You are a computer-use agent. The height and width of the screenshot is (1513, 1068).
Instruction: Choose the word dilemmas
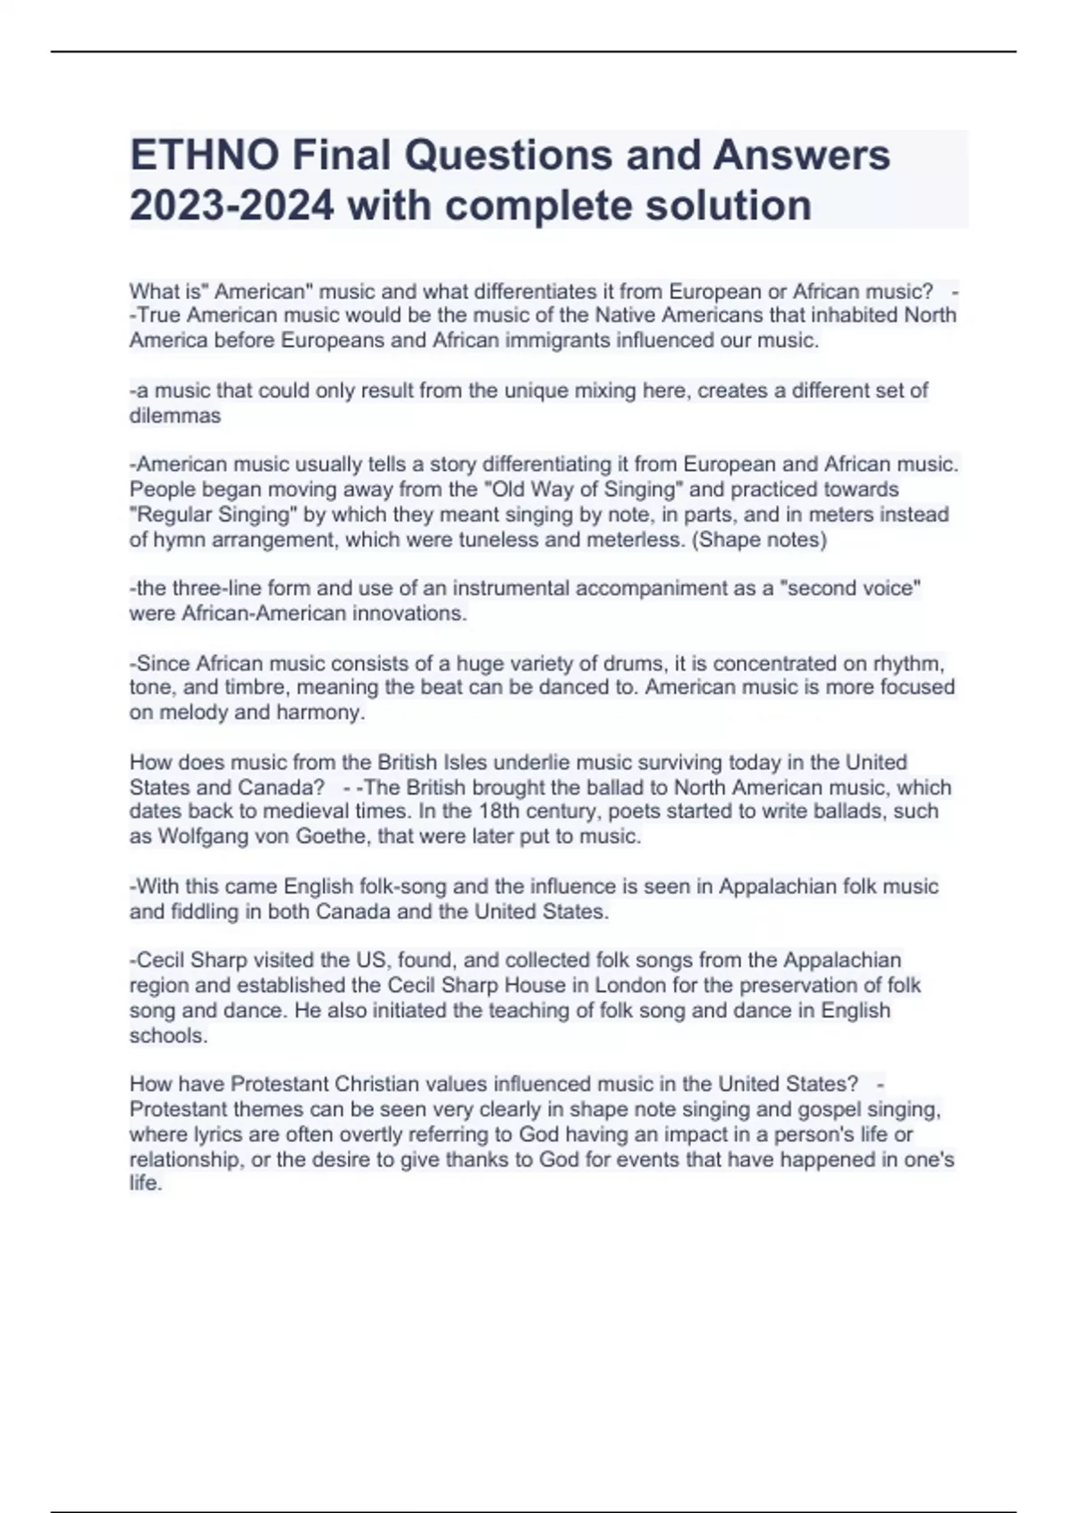[175, 416]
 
